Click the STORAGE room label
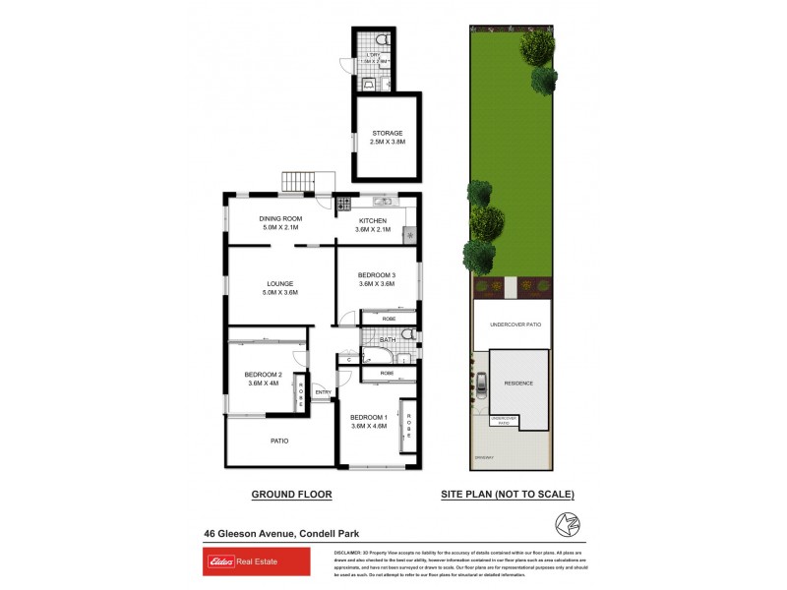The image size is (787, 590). point(387,133)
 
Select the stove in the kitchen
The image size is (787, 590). point(344,206)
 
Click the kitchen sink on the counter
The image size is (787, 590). point(383,202)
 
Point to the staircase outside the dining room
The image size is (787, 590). point(297,182)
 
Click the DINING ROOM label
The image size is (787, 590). point(280,218)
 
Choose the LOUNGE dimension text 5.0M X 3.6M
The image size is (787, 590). point(280,292)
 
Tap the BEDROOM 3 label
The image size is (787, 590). point(376,274)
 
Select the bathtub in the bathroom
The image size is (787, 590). point(378,353)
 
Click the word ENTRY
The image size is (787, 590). point(322,393)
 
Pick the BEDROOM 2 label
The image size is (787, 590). point(263,375)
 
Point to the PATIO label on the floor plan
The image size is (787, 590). point(279,441)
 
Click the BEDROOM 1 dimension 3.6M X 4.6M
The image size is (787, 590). point(369,426)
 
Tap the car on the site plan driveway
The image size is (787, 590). point(481,384)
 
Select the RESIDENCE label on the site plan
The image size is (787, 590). point(518,383)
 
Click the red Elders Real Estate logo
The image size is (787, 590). point(241,562)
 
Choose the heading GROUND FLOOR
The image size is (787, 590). point(291,495)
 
